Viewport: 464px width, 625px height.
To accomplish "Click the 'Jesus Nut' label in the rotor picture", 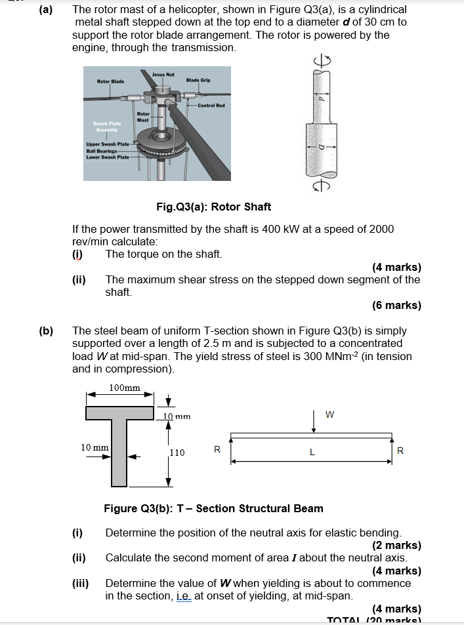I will pyautogui.click(x=162, y=74).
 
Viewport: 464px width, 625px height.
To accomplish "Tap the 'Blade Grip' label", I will pyautogui.click(x=198, y=80).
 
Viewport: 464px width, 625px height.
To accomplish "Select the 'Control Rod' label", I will pyautogui.click(x=211, y=105).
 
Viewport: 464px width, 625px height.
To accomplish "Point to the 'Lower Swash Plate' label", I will pyautogui.click(x=108, y=157).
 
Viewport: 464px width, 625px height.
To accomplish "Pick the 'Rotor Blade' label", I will pyautogui.click(x=110, y=81).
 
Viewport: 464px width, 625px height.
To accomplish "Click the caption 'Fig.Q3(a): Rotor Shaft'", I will pyautogui.click(x=213, y=207).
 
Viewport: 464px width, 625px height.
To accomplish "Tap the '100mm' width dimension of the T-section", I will pyautogui.click(x=124, y=387).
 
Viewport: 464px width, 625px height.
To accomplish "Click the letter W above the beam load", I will pyautogui.click(x=329, y=414).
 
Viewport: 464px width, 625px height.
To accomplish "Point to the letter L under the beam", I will pyautogui.click(x=312, y=452).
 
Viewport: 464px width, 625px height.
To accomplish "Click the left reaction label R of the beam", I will pyautogui.click(x=217, y=450).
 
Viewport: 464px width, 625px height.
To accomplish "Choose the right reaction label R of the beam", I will pyautogui.click(x=401, y=451).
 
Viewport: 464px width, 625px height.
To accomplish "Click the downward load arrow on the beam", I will pyautogui.click(x=314, y=423).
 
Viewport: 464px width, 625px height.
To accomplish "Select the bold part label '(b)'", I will pyautogui.click(x=46, y=331).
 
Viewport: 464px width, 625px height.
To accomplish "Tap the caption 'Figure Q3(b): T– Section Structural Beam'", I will pyautogui.click(x=213, y=508).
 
